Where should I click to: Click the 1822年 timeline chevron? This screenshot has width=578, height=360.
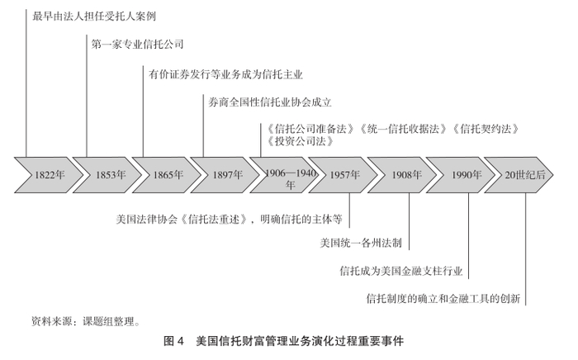pos(49,175)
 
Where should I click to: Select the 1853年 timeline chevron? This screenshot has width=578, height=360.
pos(109,175)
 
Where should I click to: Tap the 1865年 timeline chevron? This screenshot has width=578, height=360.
pos(168,175)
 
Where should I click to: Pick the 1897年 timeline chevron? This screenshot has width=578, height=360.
pos(227,175)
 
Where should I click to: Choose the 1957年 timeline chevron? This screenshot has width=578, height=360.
pos(344,175)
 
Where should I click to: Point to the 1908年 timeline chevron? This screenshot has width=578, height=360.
pos(406,175)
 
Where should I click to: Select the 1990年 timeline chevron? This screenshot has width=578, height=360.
pos(467,175)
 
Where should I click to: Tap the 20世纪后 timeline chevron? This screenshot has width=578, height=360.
pos(526,175)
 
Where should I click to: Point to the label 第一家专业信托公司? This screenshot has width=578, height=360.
pos(137,44)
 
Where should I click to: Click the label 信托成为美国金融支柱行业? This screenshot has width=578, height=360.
pos(401,270)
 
